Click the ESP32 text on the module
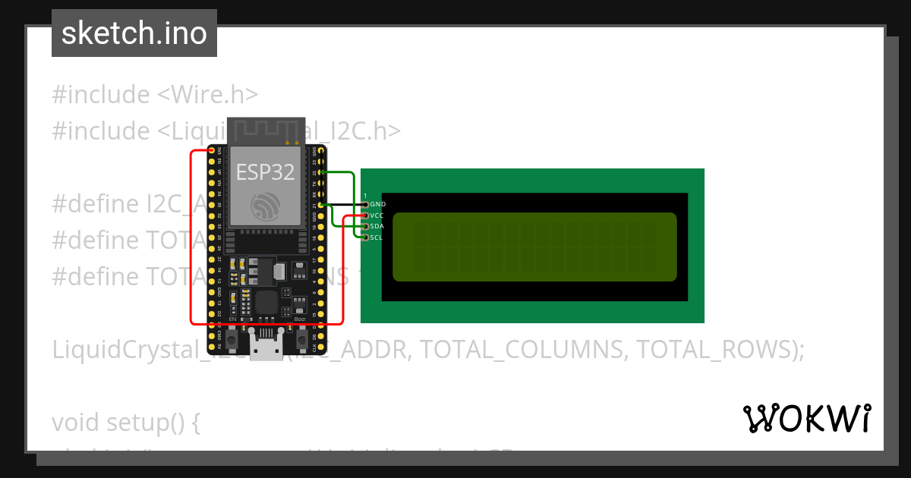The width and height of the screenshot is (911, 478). pos(265,172)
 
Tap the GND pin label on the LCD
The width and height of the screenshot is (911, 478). pos(377,205)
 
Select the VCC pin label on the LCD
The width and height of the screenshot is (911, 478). pos(377,215)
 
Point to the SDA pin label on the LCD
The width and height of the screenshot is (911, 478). pos(377,226)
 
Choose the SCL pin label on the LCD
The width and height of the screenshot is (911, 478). pos(377,237)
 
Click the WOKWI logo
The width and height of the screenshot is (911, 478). pos(807,418)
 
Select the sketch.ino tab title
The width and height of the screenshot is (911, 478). pos(134,33)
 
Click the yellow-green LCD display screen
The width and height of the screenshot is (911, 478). pos(534,247)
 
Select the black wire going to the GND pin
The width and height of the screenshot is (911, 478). pos(345,205)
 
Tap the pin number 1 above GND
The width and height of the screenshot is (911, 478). pos(365,196)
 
